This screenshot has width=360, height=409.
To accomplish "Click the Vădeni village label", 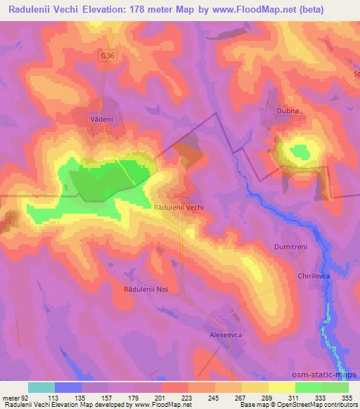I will [102, 120].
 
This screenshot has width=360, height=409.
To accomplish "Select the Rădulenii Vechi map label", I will [179, 208].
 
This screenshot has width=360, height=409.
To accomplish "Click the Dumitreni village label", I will [291, 247].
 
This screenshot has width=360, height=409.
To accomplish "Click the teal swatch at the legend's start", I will [41, 387].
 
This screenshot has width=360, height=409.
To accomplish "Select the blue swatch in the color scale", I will [68, 387].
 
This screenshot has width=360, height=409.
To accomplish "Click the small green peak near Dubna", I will [300, 151].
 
